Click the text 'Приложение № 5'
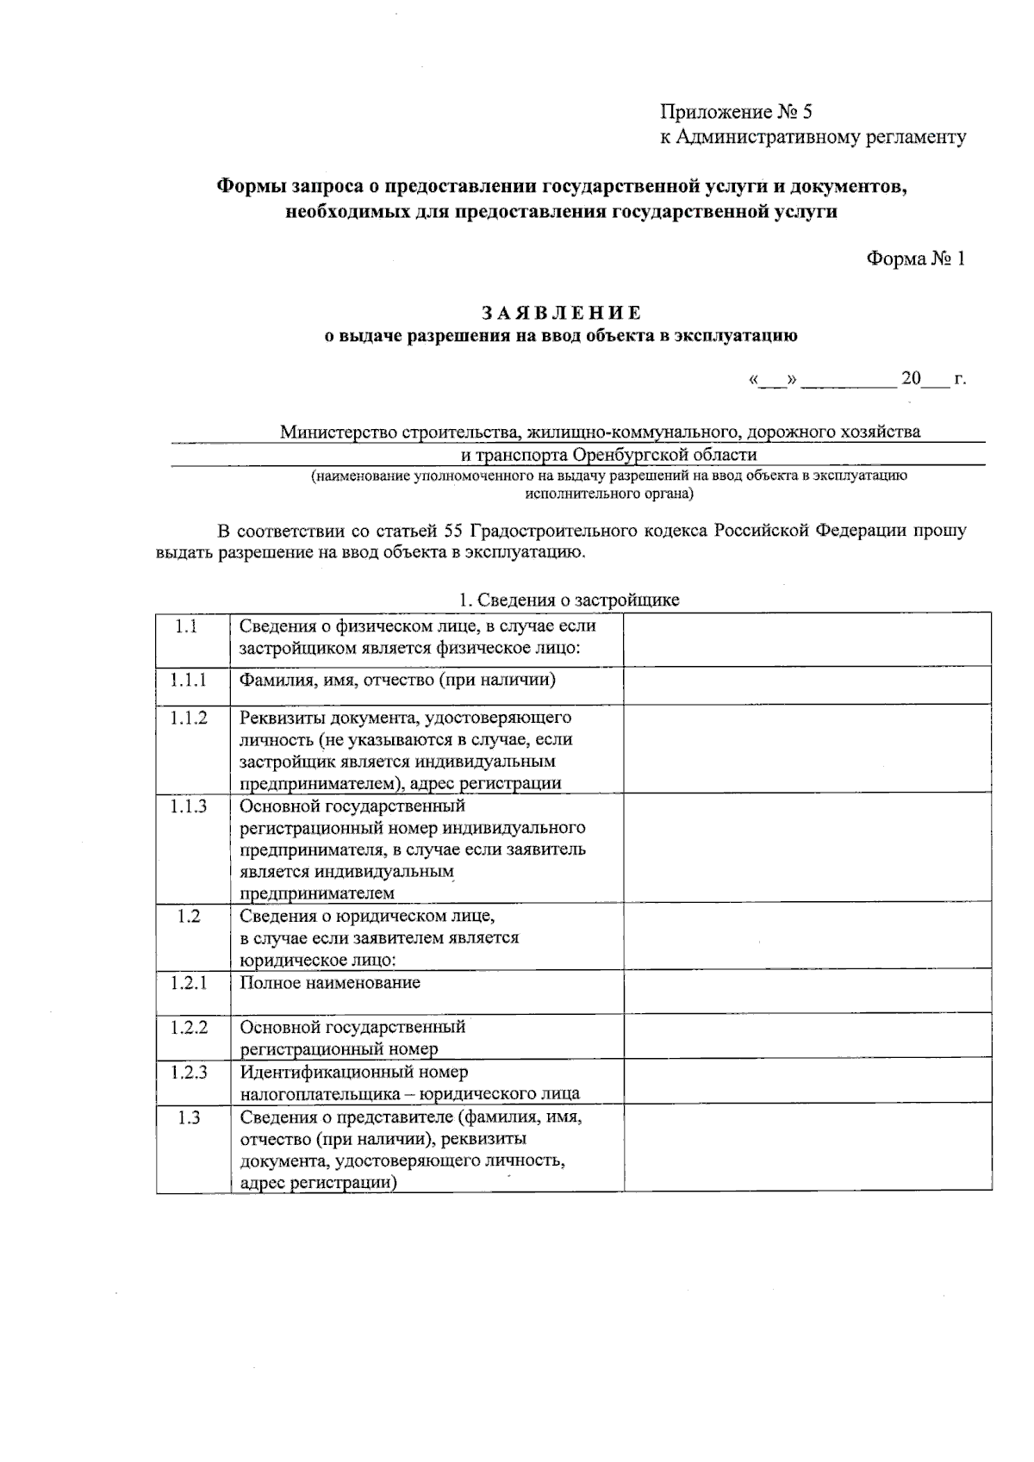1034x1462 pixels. click(x=736, y=112)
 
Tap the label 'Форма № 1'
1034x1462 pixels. click(x=915, y=259)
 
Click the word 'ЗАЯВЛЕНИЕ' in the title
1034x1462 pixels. click(x=561, y=313)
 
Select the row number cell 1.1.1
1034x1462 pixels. click(x=188, y=681)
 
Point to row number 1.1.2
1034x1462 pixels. click(x=188, y=718)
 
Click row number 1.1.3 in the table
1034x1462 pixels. click(x=188, y=806)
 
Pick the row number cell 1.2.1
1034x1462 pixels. click(x=188, y=982)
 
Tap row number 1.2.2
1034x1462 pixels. click(x=188, y=1027)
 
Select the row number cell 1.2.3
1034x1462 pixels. click(x=188, y=1072)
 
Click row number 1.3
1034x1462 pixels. click(x=188, y=1117)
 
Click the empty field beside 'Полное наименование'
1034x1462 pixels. click(x=807, y=991)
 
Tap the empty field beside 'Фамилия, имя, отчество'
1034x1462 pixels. click(x=807, y=684)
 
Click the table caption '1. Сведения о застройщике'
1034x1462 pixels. click(x=569, y=600)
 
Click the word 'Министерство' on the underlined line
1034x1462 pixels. click(x=339, y=432)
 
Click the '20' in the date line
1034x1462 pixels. click(x=911, y=378)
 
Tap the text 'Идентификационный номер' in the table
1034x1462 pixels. click(x=354, y=1072)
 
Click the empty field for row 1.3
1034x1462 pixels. click(x=807, y=1148)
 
